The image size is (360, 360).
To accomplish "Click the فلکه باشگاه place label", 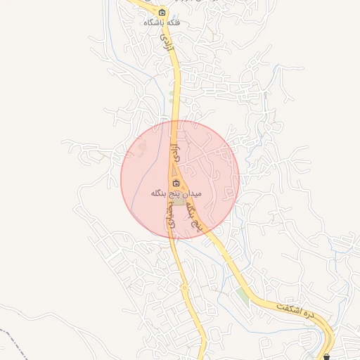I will (162, 23).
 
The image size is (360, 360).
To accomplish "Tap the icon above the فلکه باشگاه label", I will (162, 13).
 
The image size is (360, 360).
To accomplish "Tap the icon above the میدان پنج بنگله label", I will (176, 184).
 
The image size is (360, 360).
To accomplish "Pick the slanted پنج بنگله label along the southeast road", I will (197, 214).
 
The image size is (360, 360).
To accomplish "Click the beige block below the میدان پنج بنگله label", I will (180, 202).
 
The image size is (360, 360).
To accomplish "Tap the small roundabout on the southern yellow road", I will (184, 287).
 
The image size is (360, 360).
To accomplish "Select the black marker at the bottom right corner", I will (326, 356).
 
